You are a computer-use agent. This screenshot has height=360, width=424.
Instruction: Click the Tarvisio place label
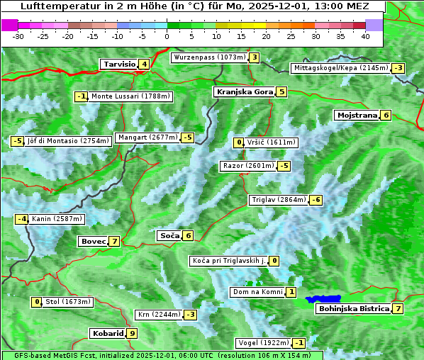tap(118, 64)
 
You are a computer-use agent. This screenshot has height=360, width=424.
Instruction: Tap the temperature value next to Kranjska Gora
tap(281, 91)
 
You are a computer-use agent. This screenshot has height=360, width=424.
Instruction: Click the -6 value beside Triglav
tap(316, 200)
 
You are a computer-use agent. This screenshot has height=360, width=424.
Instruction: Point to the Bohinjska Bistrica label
tap(354, 308)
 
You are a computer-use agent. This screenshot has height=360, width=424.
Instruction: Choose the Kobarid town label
tap(107, 333)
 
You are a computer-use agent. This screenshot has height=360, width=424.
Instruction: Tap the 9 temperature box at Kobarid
tap(132, 333)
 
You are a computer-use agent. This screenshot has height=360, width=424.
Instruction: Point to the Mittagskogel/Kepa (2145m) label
tap(340, 68)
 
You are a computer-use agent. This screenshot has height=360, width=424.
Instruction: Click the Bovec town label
tap(93, 241)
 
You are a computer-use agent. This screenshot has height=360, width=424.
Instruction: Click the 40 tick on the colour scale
tap(365, 35)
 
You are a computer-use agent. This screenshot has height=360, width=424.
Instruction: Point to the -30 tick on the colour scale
tap(18, 35)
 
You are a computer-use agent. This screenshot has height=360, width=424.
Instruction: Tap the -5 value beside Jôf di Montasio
tap(17, 141)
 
